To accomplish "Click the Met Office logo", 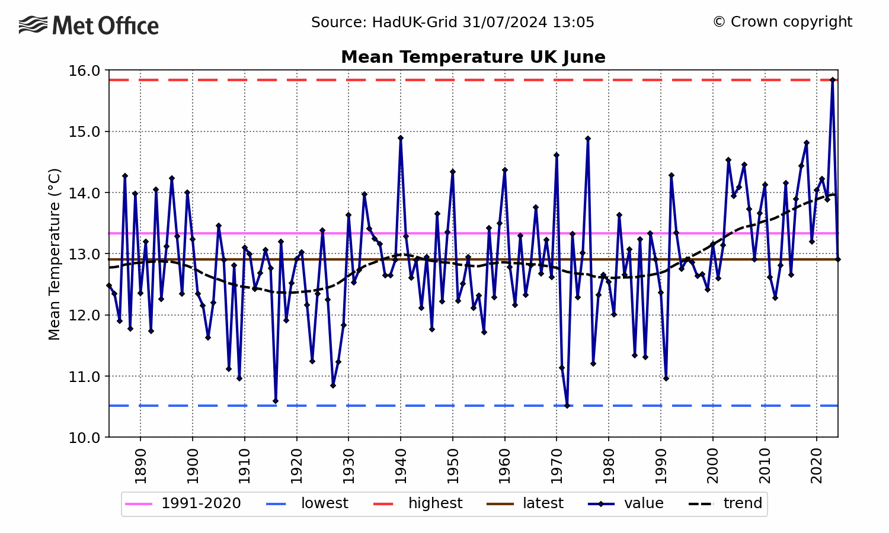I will (89, 25).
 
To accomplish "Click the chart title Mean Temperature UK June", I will (473, 57).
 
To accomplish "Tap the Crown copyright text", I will (782, 22).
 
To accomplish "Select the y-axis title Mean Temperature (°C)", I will (55, 254).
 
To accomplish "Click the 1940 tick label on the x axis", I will (401, 465).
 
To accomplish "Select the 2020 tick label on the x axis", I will (817, 465).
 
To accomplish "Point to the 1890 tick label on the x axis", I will (140, 465).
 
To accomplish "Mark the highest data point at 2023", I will (832, 80).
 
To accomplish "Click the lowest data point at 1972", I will (567, 406).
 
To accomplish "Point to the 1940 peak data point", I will (401, 138).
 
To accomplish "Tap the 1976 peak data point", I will (588, 139).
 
